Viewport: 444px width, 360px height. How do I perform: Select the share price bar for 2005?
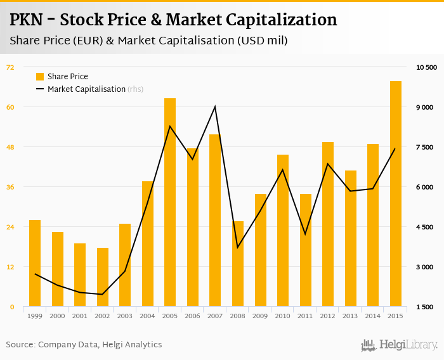170,202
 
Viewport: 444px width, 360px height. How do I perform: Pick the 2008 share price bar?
238,264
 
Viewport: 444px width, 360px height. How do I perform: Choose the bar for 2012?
328,224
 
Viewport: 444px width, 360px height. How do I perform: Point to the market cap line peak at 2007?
215,106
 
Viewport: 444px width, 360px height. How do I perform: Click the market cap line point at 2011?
305,235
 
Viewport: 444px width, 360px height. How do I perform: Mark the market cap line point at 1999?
35,274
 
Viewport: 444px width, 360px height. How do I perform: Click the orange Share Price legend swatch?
40,77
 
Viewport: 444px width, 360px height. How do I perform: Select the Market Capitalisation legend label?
86,89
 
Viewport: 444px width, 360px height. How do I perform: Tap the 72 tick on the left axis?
10,67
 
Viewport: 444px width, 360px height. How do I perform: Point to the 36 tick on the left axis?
10,187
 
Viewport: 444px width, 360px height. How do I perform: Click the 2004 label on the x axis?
147,316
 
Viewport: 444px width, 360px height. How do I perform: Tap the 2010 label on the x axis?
282,316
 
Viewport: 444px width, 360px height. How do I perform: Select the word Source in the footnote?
20,345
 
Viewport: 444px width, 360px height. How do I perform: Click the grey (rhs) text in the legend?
135,89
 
